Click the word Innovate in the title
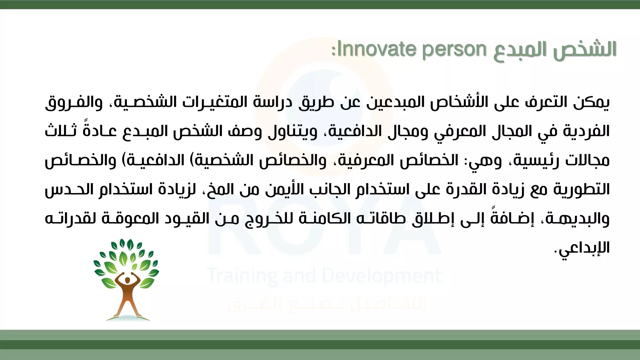pos(377,49)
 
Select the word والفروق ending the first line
pos(74,102)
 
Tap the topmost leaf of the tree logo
pos(130,244)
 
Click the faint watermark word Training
pos(242,276)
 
